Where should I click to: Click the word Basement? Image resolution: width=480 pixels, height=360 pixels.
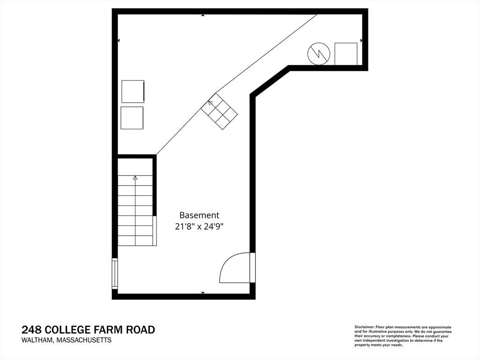coord(199,215)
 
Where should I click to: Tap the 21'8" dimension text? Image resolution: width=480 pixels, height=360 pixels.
coord(185,227)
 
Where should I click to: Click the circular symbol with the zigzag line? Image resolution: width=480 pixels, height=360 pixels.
coord(319,54)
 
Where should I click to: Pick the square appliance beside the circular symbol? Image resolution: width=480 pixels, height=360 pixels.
coord(346,54)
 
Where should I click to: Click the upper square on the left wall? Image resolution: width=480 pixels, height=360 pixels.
coord(133,91)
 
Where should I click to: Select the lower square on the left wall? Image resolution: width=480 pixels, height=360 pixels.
coord(132,118)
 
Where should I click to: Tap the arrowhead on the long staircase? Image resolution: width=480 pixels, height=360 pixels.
coord(135,178)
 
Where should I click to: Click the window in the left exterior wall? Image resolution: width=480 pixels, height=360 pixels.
coord(114,274)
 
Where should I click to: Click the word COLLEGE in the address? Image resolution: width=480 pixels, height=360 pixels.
coord(67,330)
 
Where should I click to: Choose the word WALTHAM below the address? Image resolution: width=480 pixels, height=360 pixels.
coord(36,340)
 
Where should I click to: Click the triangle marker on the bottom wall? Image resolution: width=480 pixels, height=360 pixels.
coord(202,293)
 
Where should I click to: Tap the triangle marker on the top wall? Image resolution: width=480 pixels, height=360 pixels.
coord(202,15)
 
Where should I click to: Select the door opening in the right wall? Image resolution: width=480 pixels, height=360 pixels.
coord(253,268)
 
